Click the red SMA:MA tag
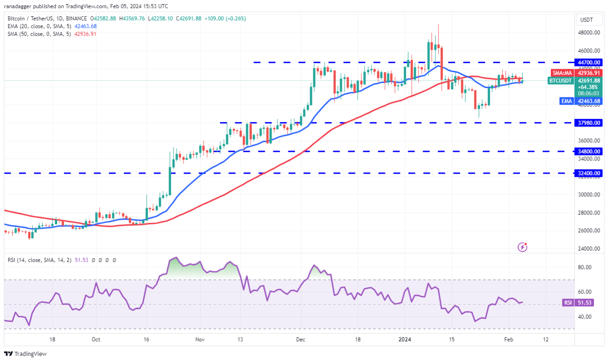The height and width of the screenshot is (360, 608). [562, 73]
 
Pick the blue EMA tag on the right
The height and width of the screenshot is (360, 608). [567, 101]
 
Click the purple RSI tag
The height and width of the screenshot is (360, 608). [567, 302]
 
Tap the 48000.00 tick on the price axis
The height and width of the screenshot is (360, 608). [589, 33]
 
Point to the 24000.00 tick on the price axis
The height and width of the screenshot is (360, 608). [589, 249]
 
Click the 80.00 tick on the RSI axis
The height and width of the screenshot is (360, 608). [585, 267]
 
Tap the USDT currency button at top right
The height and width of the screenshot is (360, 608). [588, 20]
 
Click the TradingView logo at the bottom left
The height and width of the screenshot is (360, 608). [25, 354]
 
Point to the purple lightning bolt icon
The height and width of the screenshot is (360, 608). [523, 247]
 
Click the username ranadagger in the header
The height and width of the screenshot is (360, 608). [20, 6]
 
